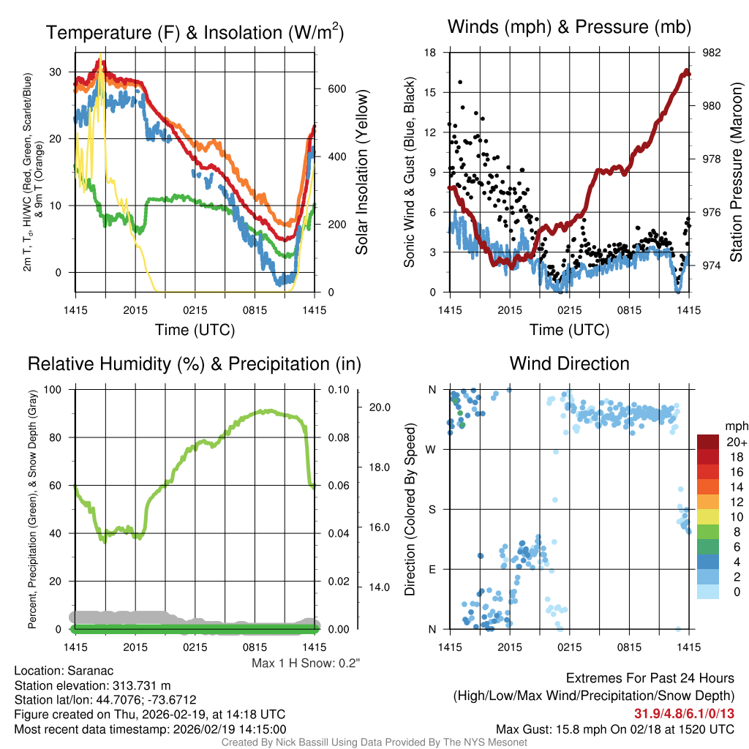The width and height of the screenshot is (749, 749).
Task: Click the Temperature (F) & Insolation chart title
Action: pyautogui.click(x=195, y=32)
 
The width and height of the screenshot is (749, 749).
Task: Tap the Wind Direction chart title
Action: pyautogui.click(x=569, y=364)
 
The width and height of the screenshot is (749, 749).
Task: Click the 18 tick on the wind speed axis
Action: pyautogui.click(x=431, y=53)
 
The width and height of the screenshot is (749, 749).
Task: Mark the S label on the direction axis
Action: pyautogui.click(x=432, y=509)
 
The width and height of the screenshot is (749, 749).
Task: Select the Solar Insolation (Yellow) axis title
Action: pyautogui.click(x=362, y=173)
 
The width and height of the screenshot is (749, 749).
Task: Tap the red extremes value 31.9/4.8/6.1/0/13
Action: pyautogui.click(x=684, y=713)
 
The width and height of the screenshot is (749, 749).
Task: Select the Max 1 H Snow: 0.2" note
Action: pyautogui.click(x=306, y=663)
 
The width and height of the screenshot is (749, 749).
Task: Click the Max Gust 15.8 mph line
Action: pyautogui.click(x=614, y=729)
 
